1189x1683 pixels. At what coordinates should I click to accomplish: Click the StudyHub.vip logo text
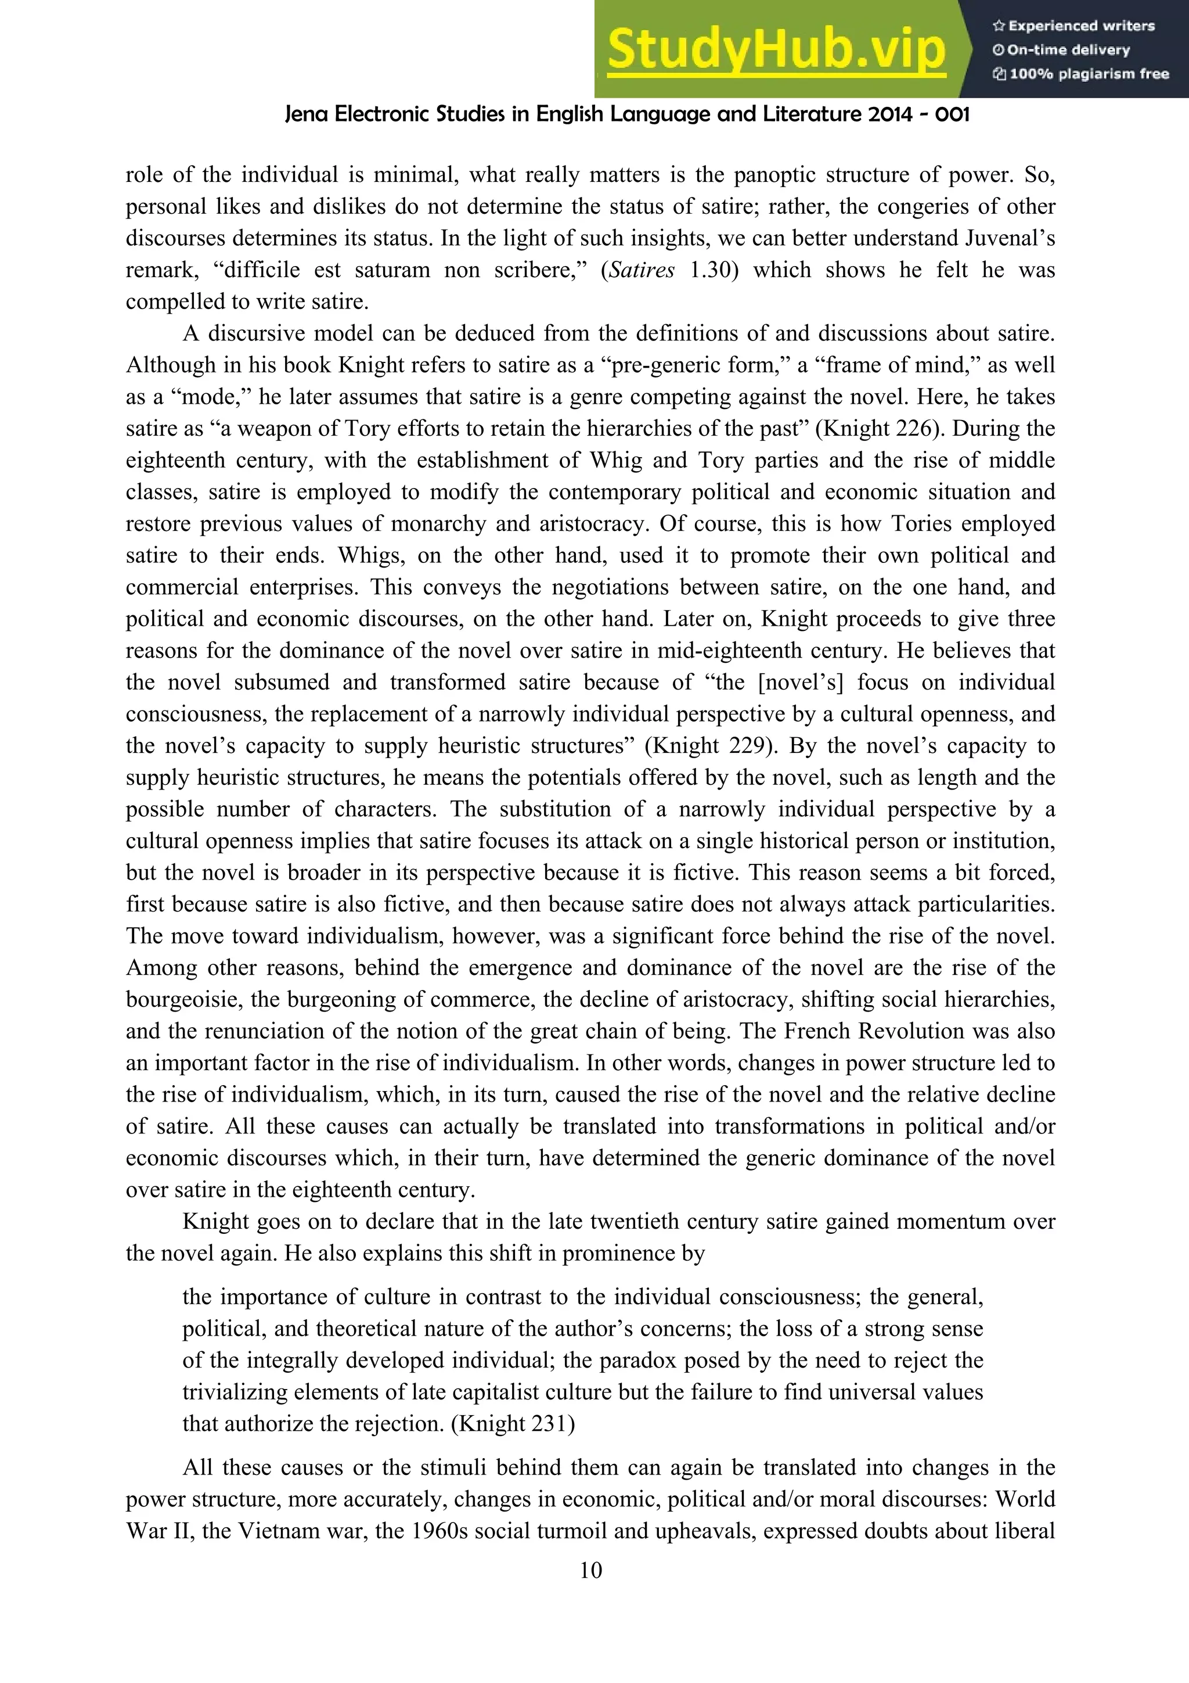tap(777, 50)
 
